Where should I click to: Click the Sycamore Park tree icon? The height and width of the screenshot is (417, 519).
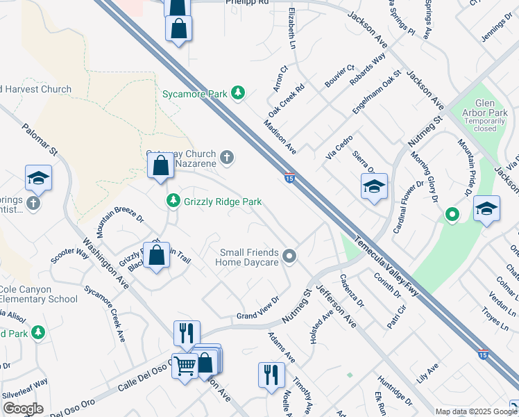(238, 92)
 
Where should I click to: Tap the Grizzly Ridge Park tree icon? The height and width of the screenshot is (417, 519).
(173, 201)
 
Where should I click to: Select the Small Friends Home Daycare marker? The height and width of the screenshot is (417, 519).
(291, 257)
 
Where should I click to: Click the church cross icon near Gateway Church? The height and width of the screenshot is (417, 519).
(227, 158)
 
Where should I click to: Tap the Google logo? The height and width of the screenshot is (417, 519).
(22, 409)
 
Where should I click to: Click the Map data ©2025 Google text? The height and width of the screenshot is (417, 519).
(476, 411)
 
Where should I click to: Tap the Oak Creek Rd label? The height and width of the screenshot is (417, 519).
(287, 101)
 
